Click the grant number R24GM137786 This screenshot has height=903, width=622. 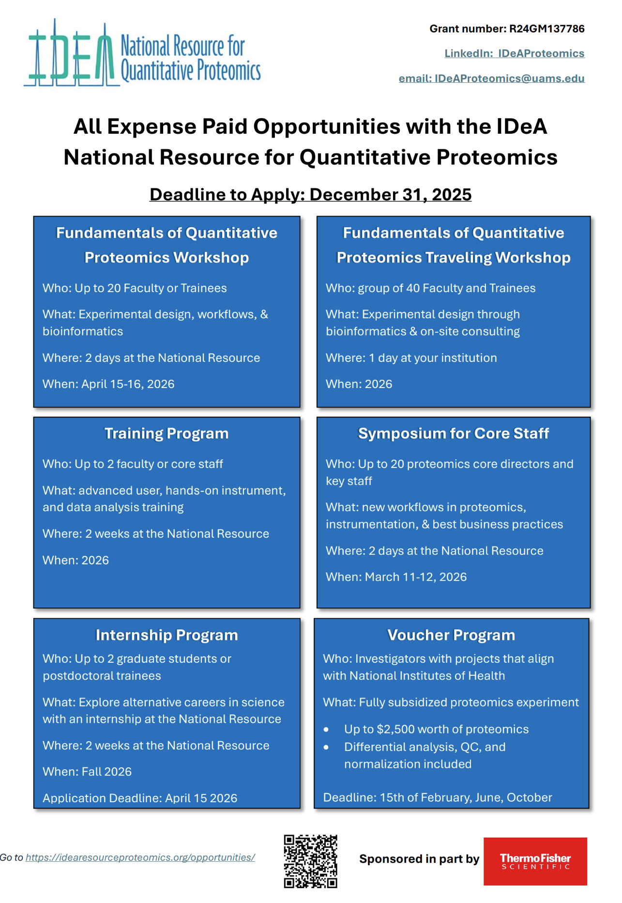point(546,29)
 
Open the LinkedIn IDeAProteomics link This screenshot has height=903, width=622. point(514,54)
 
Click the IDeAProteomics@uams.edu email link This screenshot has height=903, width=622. point(491,78)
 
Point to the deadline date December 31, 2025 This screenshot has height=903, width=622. point(390,195)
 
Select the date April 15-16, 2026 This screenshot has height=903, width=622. point(128,384)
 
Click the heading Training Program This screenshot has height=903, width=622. point(167,434)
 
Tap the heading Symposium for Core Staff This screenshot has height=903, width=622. point(453,434)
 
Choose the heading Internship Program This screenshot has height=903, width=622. point(167,635)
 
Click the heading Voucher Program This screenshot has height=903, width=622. point(451,635)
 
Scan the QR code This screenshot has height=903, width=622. point(310,861)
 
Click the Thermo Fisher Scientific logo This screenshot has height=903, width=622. point(535,861)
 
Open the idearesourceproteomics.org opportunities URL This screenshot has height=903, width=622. point(140,857)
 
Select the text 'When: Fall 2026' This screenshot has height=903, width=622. point(87,772)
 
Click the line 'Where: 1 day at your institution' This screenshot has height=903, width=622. point(411,358)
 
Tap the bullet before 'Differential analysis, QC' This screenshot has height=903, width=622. point(326,747)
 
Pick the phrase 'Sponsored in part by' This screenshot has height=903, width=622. point(419,859)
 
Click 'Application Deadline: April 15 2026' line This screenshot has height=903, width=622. point(140,798)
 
